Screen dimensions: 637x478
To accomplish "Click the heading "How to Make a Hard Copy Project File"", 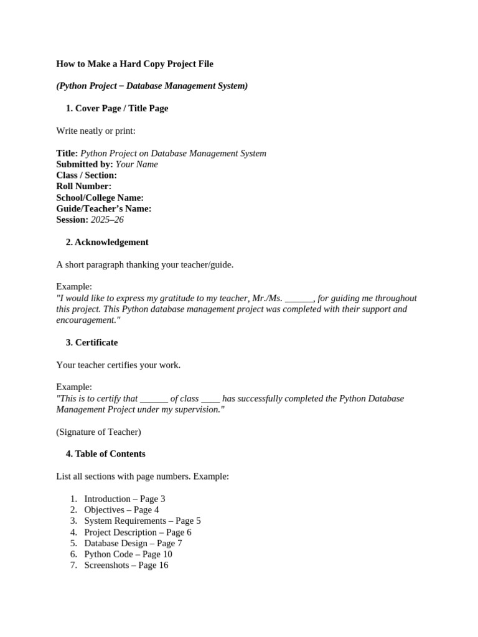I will [134, 63].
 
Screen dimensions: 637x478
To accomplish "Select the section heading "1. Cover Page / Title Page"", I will [116, 108].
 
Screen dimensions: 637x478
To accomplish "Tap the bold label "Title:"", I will [67, 153].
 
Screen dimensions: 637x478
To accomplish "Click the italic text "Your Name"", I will [137, 164].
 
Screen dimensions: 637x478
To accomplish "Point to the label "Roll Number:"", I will [84, 187].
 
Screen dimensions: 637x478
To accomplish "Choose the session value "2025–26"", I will [107, 220].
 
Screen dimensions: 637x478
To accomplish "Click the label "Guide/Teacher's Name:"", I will [104, 208].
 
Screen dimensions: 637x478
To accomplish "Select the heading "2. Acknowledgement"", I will [107, 242].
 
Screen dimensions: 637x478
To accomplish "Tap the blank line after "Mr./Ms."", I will [299, 298].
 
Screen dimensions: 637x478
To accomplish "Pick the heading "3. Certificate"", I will [91, 342].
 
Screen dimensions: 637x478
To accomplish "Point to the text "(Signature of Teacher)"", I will [98, 432].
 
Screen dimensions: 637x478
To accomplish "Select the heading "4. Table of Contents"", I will [105, 454].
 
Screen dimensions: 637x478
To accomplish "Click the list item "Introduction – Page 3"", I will [124, 499].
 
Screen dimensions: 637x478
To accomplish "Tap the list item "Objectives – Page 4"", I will [121, 510].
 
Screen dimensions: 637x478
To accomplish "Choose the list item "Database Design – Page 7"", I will [133, 543].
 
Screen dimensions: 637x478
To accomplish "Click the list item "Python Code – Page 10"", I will [128, 554].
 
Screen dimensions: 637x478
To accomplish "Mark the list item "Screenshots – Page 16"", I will [126, 565].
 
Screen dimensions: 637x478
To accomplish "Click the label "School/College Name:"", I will [100, 198].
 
